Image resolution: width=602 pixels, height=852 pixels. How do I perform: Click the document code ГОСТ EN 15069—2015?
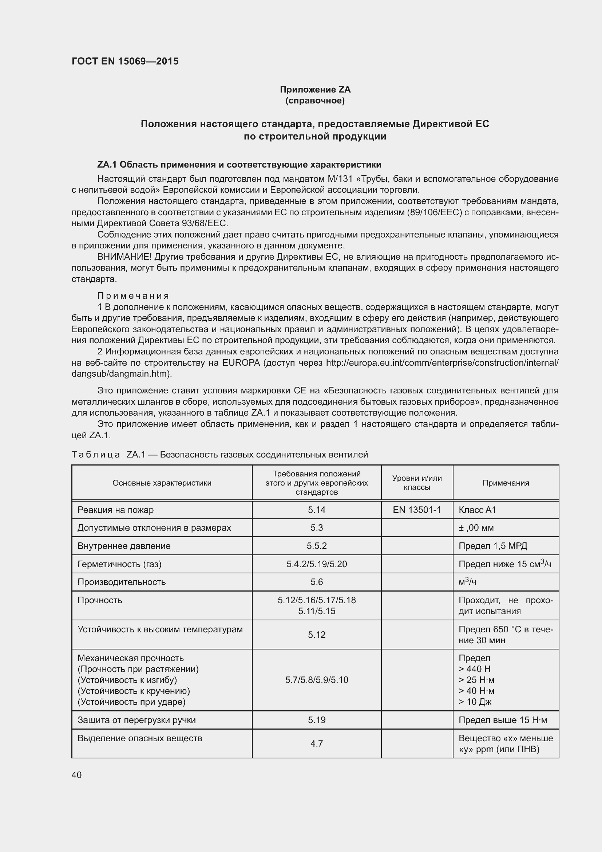[125, 61]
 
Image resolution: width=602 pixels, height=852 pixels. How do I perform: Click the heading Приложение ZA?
[315, 90]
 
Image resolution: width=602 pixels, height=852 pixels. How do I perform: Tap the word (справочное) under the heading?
[315, 101]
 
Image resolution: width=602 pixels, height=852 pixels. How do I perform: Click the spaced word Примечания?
[133, 296]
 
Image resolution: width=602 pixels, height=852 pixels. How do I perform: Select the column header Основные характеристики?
[162, 483]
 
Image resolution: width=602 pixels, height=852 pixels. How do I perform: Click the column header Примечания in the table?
[506, 483]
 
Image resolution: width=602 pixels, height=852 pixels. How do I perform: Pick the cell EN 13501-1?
[417, 510]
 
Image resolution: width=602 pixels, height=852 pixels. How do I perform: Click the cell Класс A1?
[478, 510]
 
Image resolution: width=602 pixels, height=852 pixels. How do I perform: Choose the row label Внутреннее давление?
[124, 546]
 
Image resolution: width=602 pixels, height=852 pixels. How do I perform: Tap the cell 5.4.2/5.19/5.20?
[317, 564]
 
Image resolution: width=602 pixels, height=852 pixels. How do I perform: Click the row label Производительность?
[122, 582]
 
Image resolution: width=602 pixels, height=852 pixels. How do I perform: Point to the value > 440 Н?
[475, 669]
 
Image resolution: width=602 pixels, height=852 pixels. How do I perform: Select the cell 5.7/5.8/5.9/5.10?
[317, 680]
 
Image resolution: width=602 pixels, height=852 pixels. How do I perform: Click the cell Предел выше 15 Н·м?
[503, 720]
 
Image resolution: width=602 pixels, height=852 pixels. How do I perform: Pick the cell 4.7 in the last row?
[317, 744]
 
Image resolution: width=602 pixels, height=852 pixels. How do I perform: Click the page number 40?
[77, 775]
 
